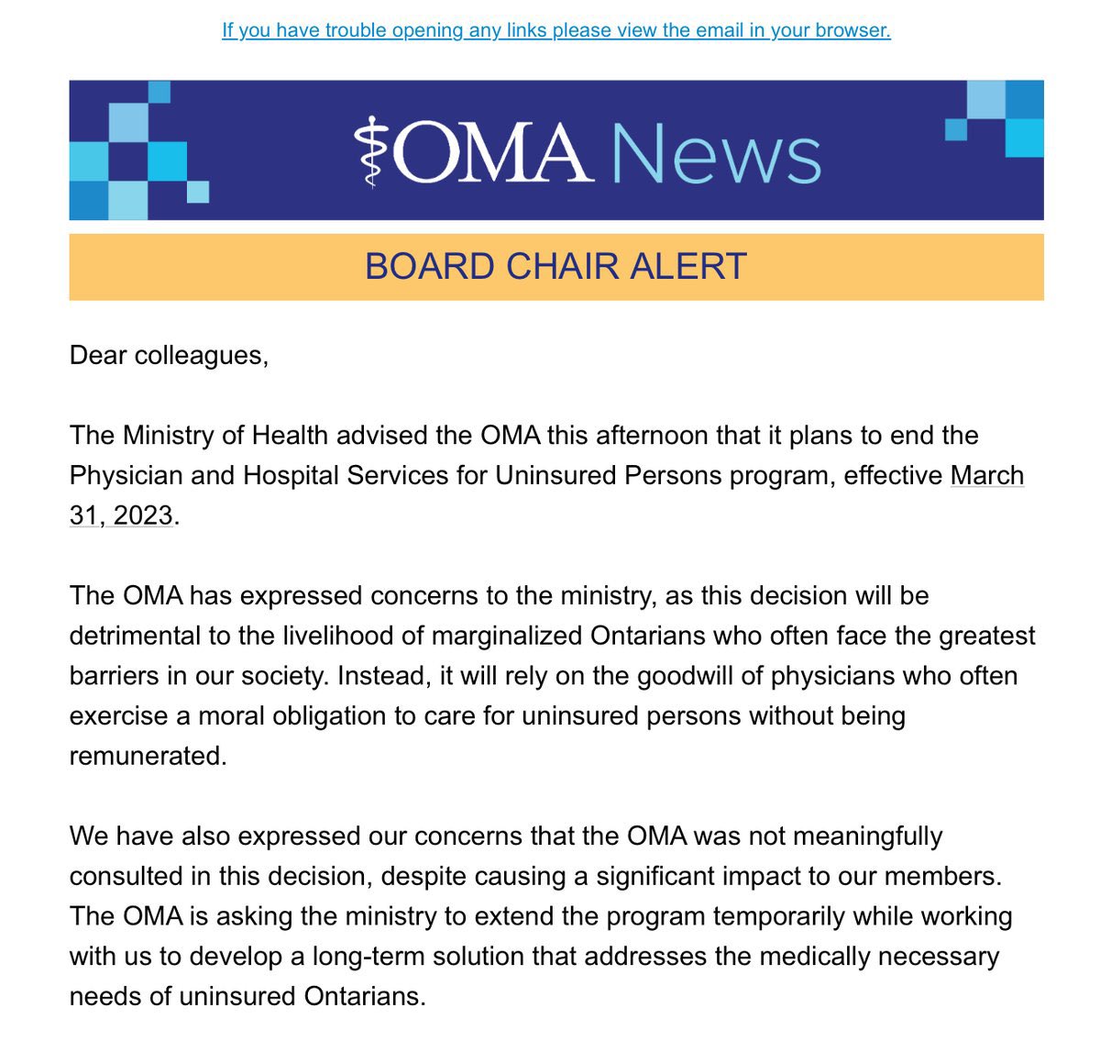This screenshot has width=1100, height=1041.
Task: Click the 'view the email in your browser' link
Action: (x=555, y=30)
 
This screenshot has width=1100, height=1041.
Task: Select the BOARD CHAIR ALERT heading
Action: (x=555, y=267)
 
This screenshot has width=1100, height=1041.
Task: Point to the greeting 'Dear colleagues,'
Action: (x=169, y=356)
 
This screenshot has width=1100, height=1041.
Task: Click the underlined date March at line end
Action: (x=987, y=476)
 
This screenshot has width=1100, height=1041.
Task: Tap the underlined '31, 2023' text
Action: (x=121, y=515)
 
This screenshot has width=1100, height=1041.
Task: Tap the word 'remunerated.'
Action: (x=148, y=756)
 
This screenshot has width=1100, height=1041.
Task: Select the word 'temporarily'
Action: (x=777, y=916)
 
